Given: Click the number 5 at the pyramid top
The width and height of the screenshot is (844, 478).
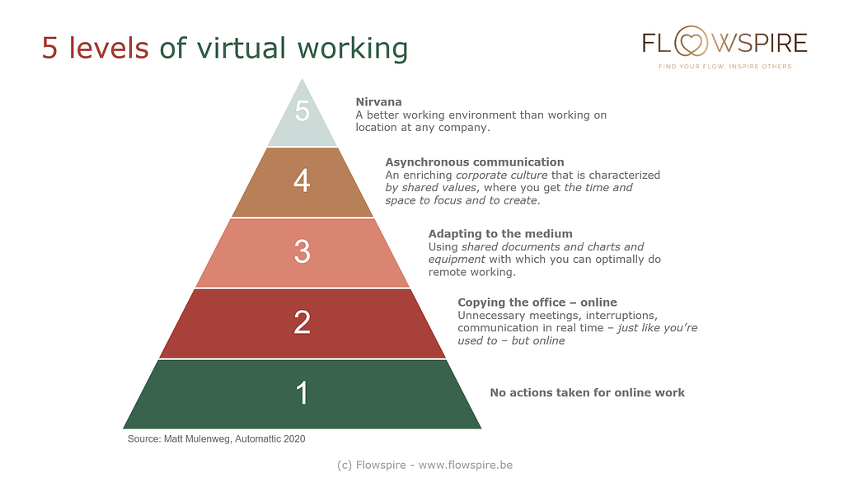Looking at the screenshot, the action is [x=302, y=111].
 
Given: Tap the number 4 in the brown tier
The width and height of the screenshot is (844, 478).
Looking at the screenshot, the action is [x=302, y=180].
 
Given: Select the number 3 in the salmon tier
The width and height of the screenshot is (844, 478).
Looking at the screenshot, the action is [x=302, y=251].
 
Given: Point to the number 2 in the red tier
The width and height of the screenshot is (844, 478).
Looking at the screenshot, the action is [x=302, y=322].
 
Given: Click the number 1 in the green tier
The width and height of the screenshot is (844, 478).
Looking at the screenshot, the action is [x=302, y=393].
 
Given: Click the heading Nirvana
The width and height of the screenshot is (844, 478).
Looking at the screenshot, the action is [x=378, y=101].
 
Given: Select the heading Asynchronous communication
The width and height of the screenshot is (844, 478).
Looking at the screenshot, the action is [x=475, y=162].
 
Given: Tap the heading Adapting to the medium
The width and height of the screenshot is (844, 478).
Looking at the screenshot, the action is [x=500, y=233].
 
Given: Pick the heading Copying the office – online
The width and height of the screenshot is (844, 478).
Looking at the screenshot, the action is [x=537, y=302].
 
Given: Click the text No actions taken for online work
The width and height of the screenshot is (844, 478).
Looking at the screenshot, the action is [x=587, y=392].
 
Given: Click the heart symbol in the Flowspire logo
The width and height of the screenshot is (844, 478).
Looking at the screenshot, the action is [x=692, y=42].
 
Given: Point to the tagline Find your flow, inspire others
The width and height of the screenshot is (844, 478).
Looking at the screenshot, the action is [x=725, y=66].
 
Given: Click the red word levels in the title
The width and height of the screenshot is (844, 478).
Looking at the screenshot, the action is [x=108, y=47].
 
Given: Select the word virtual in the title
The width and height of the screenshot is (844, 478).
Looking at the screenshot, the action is [x=241, y=47].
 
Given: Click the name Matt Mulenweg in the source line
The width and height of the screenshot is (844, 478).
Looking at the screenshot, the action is [x=198, y=438].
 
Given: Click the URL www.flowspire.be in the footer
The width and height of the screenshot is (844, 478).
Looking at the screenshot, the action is [x=465, y=465].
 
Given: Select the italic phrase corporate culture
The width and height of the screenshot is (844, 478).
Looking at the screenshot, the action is [x=502, y=176].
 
